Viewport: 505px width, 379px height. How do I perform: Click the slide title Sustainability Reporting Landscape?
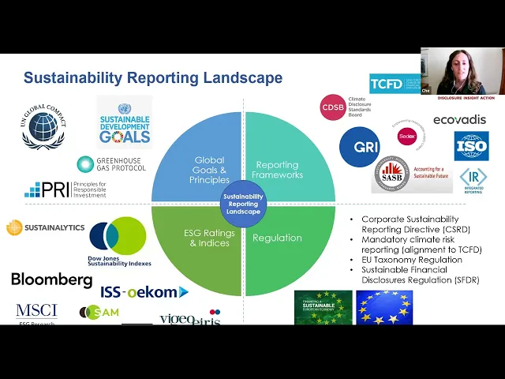click(x=152, y=78)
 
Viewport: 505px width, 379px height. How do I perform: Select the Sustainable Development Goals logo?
click(x=124, y=123)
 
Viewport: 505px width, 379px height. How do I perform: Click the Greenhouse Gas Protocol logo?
click(x=110, y=163)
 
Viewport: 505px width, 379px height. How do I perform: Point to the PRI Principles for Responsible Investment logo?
click(x=65, y=189)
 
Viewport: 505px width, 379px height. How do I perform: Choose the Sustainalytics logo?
click(x=46, y=228)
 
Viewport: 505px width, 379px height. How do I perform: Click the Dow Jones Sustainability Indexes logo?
click(x=118, y=240)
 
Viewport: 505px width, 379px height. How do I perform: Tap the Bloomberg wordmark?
click(x=51, y=280)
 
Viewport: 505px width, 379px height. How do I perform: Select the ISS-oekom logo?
click(x=144, y=292)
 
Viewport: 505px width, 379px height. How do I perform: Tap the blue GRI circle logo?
click(x=360, y=147)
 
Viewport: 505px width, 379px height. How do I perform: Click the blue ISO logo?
click(x=471, y=145)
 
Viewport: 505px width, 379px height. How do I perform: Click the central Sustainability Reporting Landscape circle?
click(x=243, y=204)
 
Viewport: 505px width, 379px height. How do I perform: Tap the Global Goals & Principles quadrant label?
click(x=209, y=170)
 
